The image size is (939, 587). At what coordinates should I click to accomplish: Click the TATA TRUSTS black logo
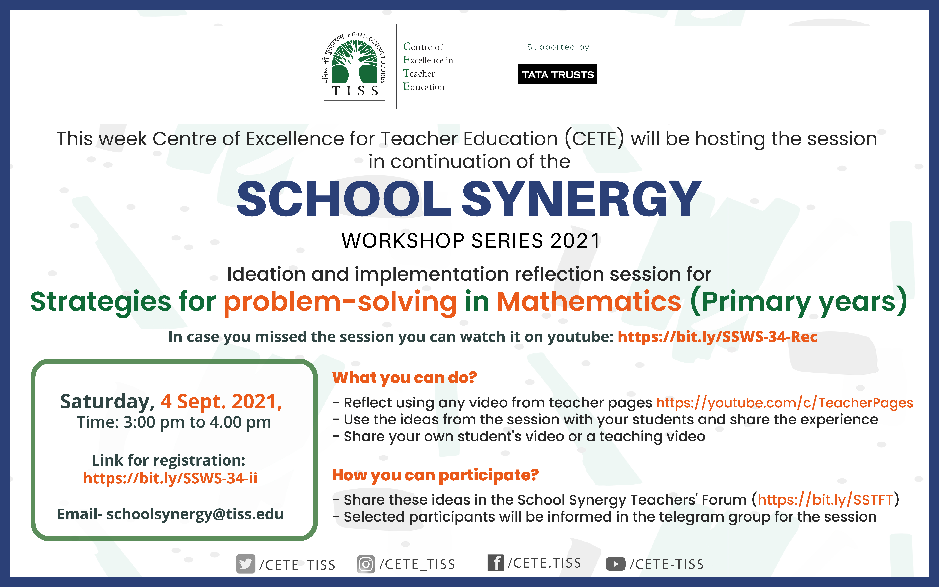557,74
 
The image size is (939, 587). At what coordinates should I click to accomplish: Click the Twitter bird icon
245,564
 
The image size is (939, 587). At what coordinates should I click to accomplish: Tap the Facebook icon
495,563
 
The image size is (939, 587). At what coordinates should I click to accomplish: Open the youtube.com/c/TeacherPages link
784,403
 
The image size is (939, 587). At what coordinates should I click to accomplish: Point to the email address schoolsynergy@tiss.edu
195,514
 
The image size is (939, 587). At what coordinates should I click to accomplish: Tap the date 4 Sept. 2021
221,401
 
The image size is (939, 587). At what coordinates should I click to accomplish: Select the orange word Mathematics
589,301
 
